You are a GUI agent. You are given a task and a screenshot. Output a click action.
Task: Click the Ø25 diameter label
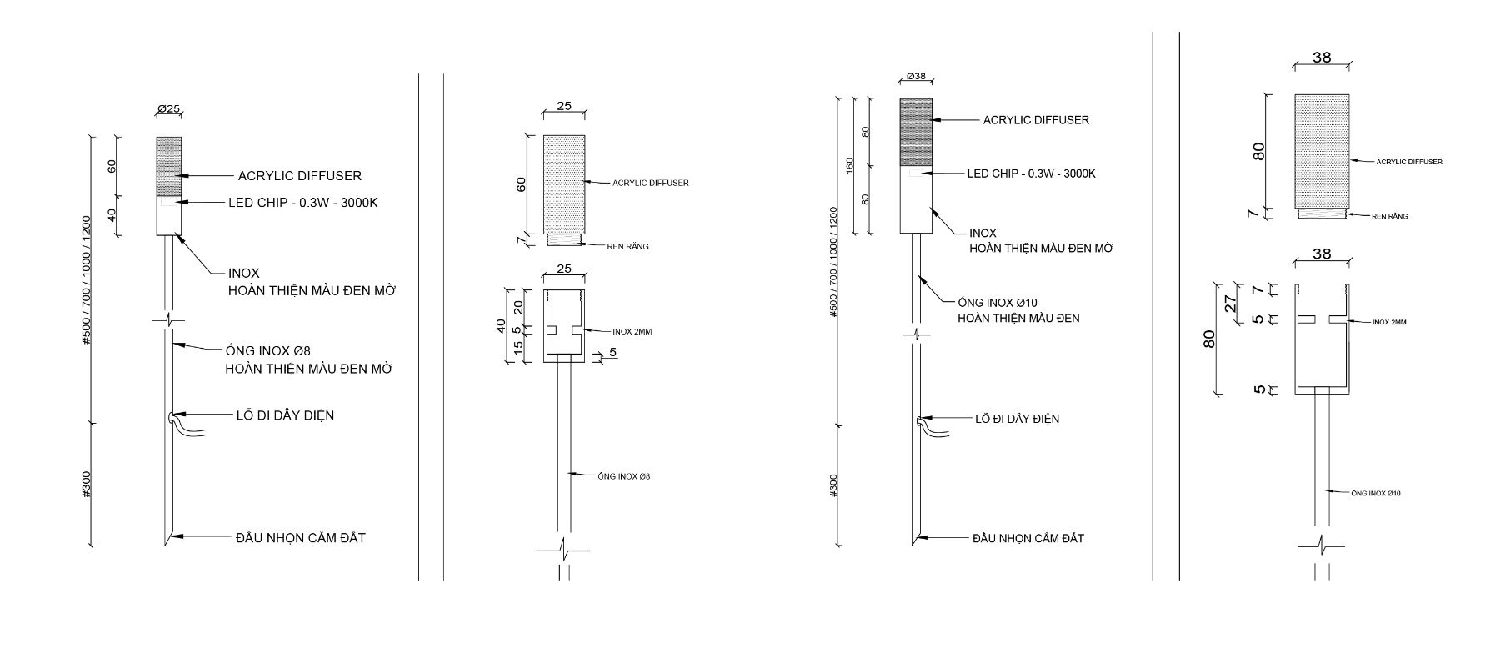(x=168, y=109)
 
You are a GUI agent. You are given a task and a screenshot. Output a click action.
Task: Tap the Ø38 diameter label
(x=915, y=77)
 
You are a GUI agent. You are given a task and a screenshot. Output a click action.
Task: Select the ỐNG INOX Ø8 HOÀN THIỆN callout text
(x=309, y=360)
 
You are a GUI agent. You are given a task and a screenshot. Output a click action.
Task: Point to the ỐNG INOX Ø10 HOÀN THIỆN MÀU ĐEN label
(x=1018, y=310)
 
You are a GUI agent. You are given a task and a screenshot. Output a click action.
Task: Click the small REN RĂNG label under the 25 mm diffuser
(x=627, y=246)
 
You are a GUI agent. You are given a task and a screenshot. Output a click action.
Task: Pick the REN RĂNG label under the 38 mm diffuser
(x=1390, y=216)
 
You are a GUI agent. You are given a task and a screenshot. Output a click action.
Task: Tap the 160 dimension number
(x=850, y=164)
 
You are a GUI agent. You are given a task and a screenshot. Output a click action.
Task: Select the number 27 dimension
(x=1229, y=303)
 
